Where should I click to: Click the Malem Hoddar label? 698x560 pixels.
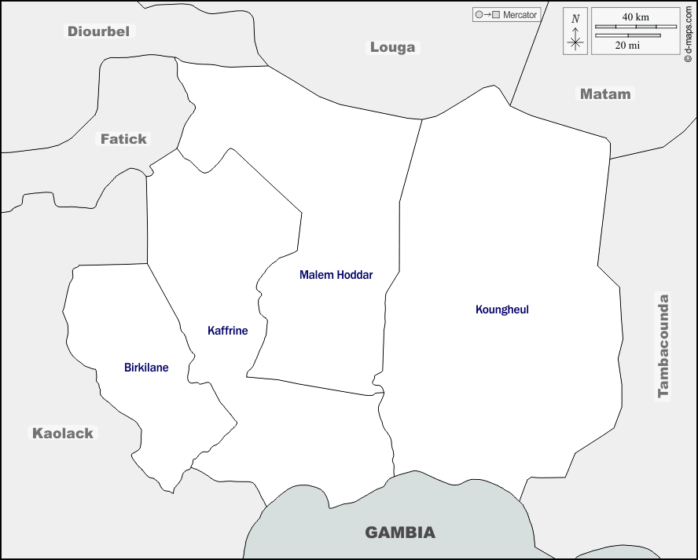[336, 275]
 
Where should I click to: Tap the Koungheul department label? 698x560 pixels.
[501, 309]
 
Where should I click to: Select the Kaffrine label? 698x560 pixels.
[227, 331]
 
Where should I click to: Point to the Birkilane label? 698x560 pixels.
[146, 368]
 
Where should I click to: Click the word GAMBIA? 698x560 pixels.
[399, 533]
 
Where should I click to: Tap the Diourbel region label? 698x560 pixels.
[99, 31]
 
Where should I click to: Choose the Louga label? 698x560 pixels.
[392, 47]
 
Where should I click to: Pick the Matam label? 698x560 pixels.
[604, 93]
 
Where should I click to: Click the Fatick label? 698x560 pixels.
[123, 139]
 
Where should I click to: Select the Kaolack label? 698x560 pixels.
[62, 433]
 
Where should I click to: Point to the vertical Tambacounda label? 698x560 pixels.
[663, 346]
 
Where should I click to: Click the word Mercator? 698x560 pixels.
[520, 15]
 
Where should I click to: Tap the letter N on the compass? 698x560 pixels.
[575, 19]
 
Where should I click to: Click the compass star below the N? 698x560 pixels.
[575, 42]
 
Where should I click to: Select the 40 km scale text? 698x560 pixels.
[636, 16]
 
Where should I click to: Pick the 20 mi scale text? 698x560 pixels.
[627, 46]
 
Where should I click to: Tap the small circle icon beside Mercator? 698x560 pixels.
[478, 15]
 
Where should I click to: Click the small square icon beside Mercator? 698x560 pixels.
[495, 15]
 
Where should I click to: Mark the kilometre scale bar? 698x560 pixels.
[636, 27]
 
